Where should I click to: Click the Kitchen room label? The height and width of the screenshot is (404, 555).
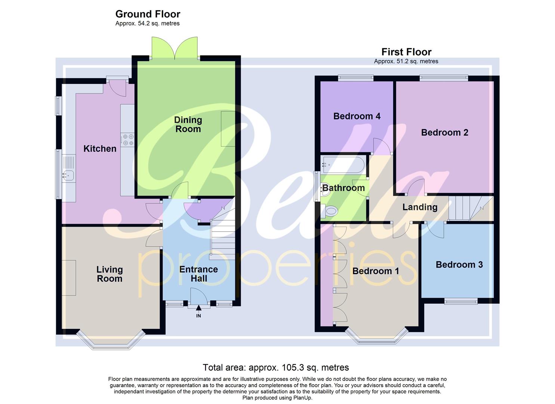(x=100, y=149)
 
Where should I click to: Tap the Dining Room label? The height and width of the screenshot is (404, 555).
(x=188, y=125)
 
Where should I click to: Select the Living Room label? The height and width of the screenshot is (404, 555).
(x=110, y=274)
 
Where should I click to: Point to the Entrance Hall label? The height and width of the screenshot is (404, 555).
(x=198, y=274)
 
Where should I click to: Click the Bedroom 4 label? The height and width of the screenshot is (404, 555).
(x=357, y=116)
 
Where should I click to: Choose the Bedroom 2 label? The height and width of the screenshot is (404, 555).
(x=444, y=132)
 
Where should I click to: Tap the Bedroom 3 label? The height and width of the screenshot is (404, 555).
(x=459, y=265)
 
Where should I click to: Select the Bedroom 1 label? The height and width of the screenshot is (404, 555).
(x=376, y=271)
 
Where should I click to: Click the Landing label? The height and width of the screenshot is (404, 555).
(x=420, y=207)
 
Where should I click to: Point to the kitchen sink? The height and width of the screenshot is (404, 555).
(x=68, y=174)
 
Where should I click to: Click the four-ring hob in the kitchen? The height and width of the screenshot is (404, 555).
(x=128, y=140)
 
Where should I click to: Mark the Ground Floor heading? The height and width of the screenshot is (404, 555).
(x=148, y=14)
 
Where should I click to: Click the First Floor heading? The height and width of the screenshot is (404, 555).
(x=406, y=52)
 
